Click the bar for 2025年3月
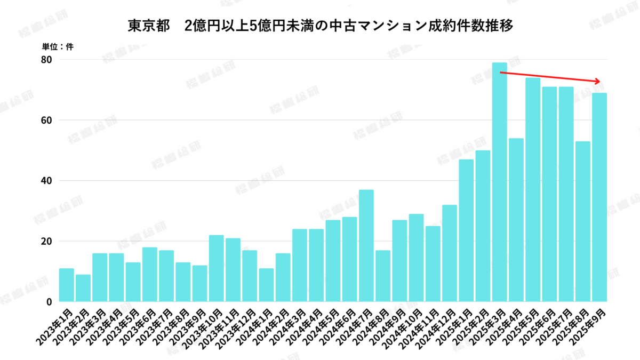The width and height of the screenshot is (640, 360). (499, 182)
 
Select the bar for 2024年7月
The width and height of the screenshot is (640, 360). (366, 245)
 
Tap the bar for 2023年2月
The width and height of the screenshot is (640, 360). (83, 288)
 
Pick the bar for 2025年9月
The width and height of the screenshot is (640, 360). (599, 197)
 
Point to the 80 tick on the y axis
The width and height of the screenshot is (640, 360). (47, 59)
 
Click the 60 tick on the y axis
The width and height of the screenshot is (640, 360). (47, 120)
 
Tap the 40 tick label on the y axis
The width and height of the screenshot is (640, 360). (47, 181)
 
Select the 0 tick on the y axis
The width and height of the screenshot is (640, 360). (49, 302)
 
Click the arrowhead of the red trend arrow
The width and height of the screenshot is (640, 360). (599, 82)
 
